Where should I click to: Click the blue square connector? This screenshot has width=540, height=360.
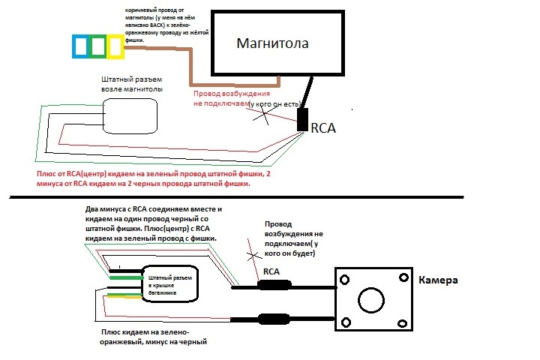pyautogui.click(x=80, y=46)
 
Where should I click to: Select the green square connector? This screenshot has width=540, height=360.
pyautogui.click(x=97, y=46)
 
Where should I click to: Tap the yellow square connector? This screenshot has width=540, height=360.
pyautogui.click(x=115, y=46)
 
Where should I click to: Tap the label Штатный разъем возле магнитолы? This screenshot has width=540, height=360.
pyautogui.click(x=132, y=83)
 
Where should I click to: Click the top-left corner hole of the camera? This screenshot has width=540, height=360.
pyautogui.click(x=345, y=279)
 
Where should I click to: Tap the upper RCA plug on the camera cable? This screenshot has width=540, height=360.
pyautogui.click(x=272, y=285)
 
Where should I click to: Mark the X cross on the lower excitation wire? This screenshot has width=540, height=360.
pyautogui.click(x=248, y=247)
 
